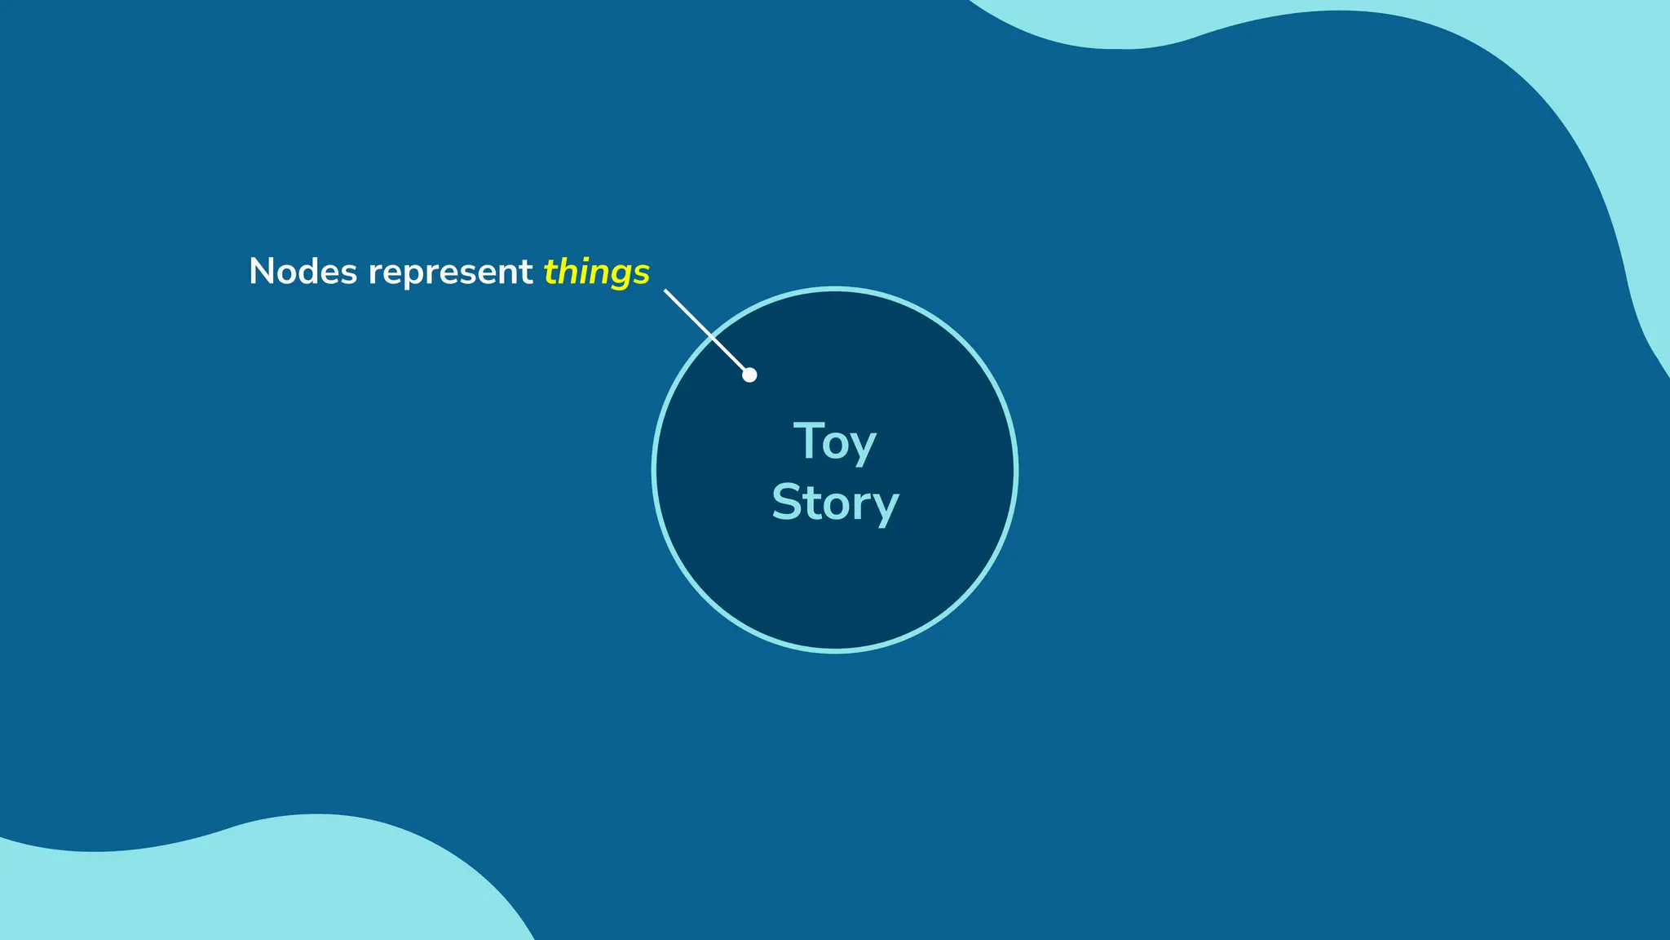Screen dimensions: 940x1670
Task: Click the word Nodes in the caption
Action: point(303,272)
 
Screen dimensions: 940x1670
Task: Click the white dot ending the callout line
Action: point(749,375)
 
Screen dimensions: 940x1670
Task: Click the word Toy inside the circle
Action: point(834,444)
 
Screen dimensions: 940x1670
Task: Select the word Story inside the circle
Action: point(835,503)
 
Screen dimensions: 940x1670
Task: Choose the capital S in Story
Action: point(788,502)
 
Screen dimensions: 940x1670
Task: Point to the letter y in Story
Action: point(885,508)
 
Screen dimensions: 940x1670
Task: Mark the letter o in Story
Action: point(835,505)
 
